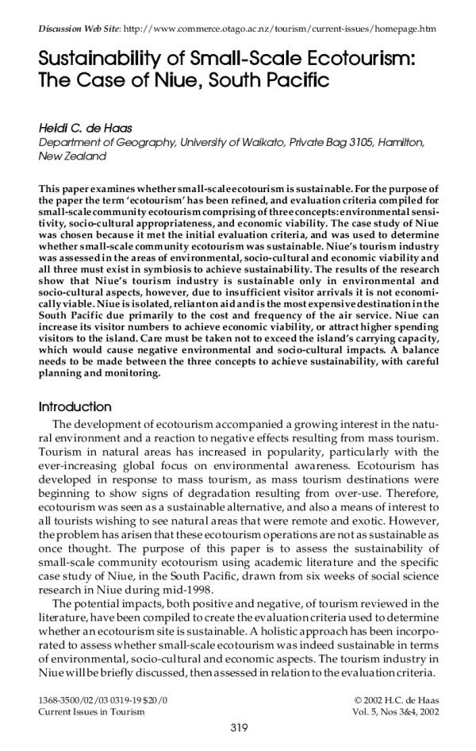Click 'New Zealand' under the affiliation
click(x=72, y=157)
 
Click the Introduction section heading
click(x=75, y=406)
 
